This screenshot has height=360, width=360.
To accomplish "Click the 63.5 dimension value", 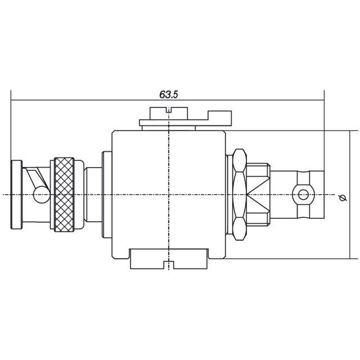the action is click(169, 94).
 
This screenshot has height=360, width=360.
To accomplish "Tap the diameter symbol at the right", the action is click(343, 197).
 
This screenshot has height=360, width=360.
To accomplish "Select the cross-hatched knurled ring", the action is click(64, 195).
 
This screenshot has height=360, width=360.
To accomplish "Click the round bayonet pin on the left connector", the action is click(42, 195).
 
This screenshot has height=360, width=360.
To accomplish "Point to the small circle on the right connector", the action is click(303, 195).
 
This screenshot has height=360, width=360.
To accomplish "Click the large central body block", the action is click(169, 195).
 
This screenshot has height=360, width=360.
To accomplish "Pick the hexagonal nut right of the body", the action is click(240, 195).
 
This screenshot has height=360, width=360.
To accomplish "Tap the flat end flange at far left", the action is click(16, 195).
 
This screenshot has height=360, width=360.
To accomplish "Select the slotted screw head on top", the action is click(169, 113).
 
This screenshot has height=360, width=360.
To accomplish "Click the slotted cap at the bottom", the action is click(169, 259).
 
